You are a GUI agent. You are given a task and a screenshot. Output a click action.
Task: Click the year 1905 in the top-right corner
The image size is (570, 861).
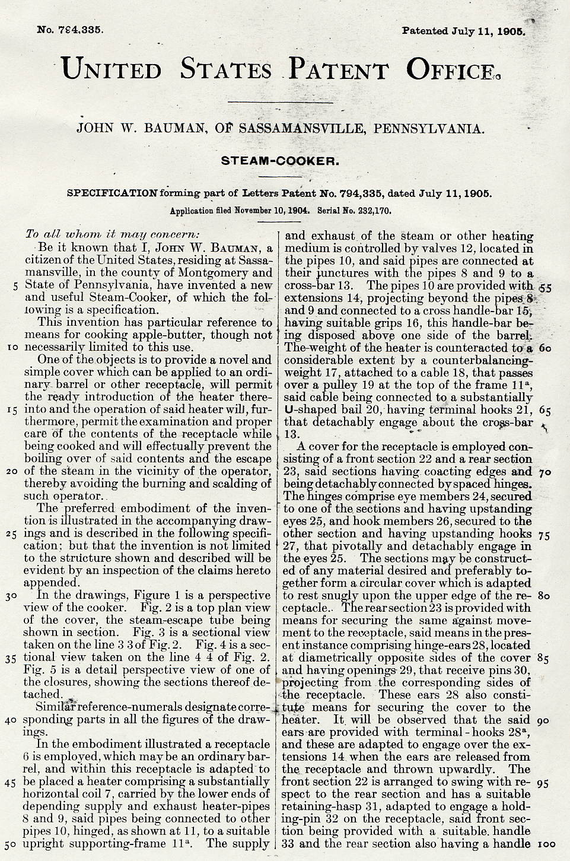point(512,31)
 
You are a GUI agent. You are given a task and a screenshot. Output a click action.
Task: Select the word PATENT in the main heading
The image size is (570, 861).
point(338,70)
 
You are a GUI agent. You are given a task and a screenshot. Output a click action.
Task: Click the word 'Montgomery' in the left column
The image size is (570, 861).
point(212,273)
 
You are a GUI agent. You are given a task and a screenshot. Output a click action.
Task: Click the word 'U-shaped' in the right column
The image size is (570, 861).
point(308,410)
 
